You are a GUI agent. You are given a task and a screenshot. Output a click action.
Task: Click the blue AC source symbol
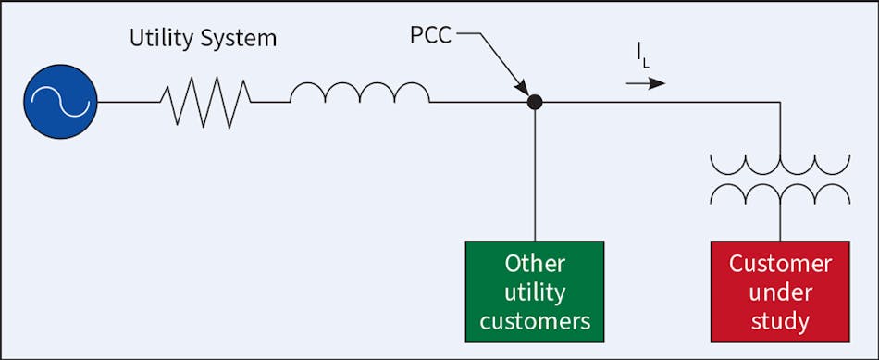[x=62, y=102]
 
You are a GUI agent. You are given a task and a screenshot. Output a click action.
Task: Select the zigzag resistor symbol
[x=204, y=102]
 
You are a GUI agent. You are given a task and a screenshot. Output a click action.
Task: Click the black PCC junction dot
[x=534, y=102]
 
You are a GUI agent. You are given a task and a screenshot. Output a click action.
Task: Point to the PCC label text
[x=432, y=38]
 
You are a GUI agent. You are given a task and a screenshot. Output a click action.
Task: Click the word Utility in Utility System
[x=162, y=40]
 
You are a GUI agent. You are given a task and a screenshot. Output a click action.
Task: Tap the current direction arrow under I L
[x=645, y=83]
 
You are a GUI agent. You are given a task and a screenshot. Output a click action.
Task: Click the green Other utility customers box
[x=534, y=292]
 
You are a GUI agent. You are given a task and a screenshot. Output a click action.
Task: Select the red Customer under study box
[x=780, y=292]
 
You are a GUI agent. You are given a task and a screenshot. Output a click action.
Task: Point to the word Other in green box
[x=534, y=264]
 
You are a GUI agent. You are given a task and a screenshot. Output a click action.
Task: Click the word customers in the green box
[x=534, y=321]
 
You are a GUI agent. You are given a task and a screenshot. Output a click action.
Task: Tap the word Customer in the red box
[x=780, y=264]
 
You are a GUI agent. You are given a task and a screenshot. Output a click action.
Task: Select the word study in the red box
[x=780, y=323]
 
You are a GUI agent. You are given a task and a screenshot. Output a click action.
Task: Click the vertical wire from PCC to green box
[x=534, y=176]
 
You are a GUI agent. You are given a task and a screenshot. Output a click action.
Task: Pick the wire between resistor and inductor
[x=271, y=102]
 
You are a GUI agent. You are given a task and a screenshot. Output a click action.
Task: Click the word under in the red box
[x=780, y=292]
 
